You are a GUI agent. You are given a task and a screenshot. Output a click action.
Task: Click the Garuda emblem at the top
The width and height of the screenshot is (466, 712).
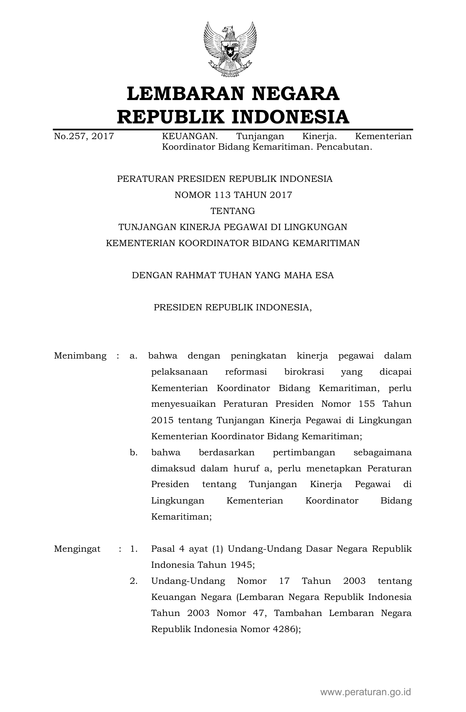230,49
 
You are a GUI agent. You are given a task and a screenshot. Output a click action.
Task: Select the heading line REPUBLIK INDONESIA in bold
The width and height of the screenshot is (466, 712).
233,117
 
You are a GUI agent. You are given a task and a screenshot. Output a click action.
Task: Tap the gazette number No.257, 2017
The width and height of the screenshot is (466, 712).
84,137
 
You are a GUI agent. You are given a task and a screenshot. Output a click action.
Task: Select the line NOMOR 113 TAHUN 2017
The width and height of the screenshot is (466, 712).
233,195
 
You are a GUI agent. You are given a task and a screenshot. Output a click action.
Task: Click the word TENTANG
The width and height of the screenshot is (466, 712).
233,211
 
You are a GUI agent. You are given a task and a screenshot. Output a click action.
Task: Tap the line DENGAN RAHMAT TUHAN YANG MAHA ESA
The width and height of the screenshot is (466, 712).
233,275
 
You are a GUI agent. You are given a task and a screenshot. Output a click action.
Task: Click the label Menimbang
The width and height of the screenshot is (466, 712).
80,356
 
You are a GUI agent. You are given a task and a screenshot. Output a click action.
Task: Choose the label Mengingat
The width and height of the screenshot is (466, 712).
77,549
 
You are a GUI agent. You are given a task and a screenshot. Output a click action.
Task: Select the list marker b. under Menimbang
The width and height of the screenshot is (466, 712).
133,453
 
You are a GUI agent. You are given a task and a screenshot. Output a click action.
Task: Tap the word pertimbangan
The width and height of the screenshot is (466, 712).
304,453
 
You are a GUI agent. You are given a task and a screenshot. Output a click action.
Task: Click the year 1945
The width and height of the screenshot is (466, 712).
241,565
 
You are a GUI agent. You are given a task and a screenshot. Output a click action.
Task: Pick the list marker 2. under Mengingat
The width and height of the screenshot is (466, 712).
133,581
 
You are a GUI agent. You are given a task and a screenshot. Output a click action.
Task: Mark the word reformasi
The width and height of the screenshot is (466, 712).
246,372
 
